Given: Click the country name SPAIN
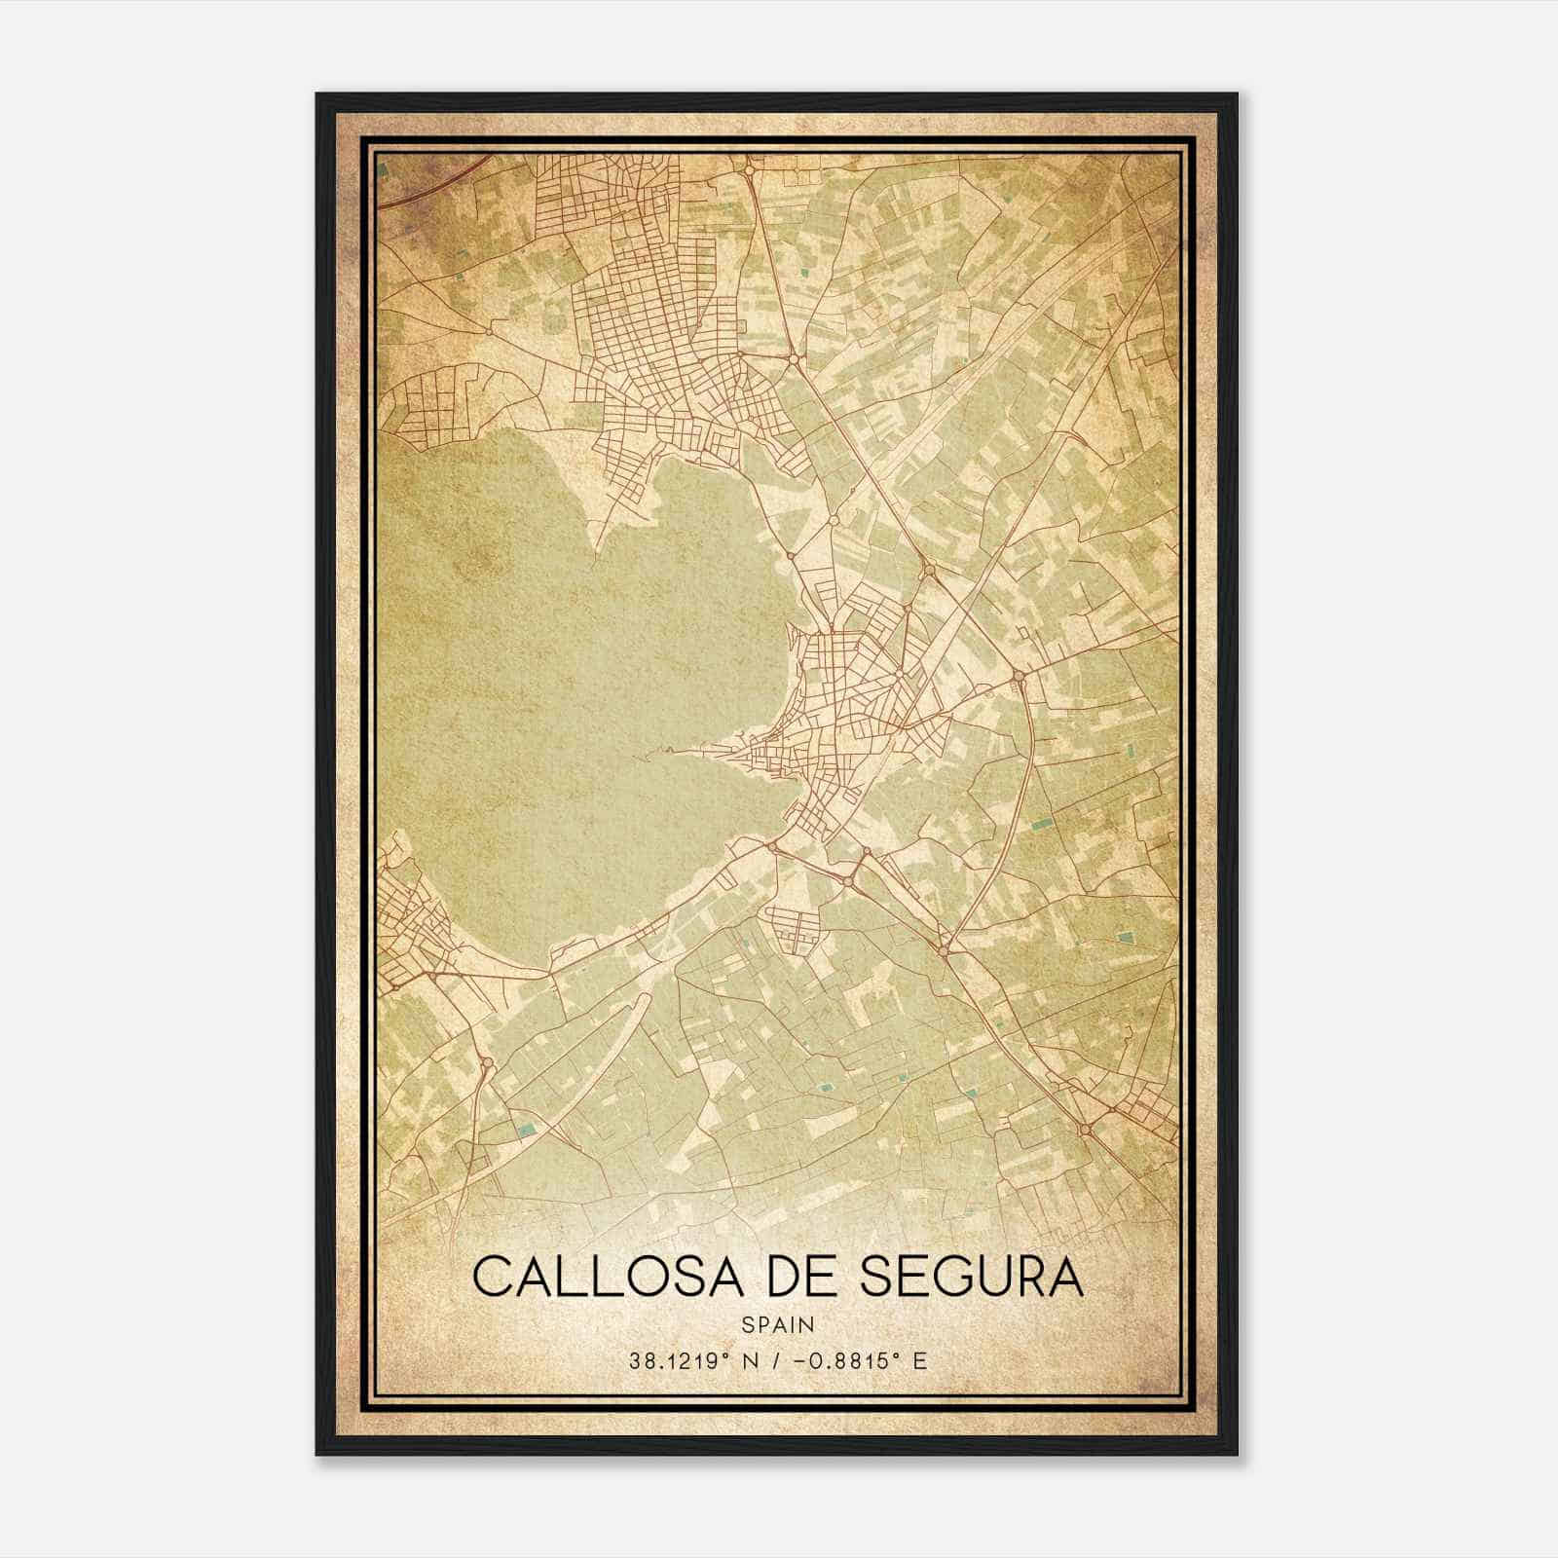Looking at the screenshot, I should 778,1324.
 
